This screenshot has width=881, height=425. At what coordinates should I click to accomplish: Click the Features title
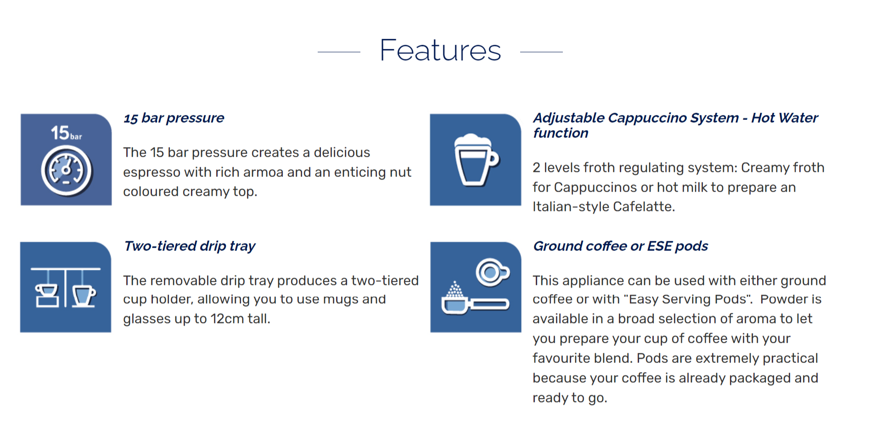(x=440, y=50)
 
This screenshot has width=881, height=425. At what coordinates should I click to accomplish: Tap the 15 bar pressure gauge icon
(x=66, y=159)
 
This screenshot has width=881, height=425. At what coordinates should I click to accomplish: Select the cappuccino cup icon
(x=476, y=159)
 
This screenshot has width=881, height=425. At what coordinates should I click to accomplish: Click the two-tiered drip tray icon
(x=66, y=287)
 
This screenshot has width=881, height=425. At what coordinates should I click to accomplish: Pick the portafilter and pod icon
(x=476, y=287)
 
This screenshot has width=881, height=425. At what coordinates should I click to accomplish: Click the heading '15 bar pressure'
(x=174, y=118)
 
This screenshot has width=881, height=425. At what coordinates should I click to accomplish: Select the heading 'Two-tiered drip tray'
(x=190, y=246)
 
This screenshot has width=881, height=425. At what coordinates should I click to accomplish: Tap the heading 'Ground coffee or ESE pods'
(x=621, y=246)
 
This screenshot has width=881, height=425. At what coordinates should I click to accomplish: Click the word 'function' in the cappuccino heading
(x=561, y=133)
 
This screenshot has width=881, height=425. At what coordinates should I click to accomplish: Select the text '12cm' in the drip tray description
(x=227, y=319)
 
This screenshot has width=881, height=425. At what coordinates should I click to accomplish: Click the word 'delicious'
(x=342, y=153)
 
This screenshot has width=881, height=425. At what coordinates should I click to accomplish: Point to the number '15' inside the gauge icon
(x=60, y=133)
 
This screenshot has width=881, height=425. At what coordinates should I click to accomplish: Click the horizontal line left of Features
(x=339, y=52)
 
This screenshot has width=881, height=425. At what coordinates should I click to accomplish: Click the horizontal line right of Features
(x=541, y=52)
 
